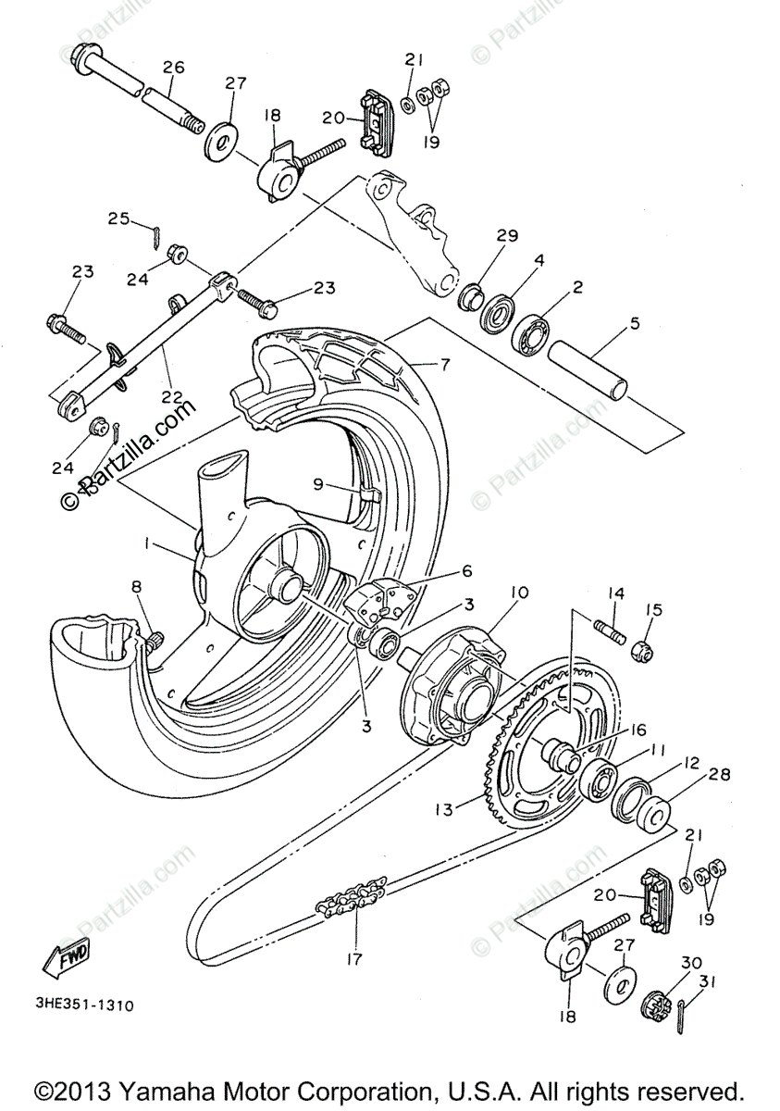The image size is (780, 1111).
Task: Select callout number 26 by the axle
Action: click(174, 67)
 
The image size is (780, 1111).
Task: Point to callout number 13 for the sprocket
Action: click(443, 809)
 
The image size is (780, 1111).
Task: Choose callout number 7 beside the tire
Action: click(444, 364)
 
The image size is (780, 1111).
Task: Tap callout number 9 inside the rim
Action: click(317, 483)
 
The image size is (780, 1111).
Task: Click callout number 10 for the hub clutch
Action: click(516, 591)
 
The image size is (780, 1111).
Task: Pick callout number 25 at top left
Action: click(118, 218)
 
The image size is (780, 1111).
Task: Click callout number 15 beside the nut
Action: click(654, 609)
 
